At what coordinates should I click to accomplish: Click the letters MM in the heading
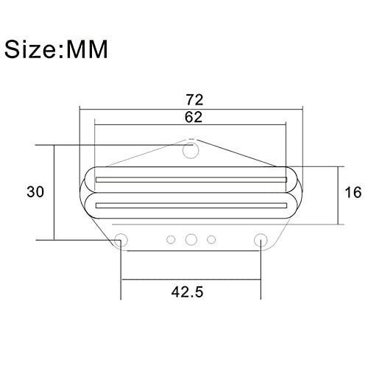point(87,49)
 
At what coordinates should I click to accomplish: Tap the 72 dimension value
point(194,100)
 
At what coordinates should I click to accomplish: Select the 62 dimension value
point(194,117)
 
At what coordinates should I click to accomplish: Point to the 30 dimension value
point(35,191)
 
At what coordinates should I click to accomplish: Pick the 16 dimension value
point(353,192)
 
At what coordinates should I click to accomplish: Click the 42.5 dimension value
point(188,292)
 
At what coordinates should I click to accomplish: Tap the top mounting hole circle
point(191,151)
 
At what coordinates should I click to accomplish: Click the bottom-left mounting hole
point(121,240)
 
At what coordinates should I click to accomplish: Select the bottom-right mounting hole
point(261,240)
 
